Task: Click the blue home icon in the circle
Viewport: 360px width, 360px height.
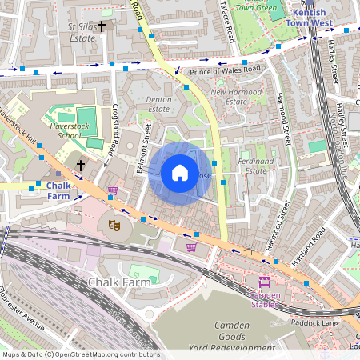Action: [x=180, y=173]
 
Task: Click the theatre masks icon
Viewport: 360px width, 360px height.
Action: [x=114, y=226]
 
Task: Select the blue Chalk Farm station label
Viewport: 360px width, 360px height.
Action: [x=58, y=191]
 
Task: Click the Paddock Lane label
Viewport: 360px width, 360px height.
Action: [x=314, y=323]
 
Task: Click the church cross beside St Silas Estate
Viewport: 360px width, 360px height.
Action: [x=102, y=26]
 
